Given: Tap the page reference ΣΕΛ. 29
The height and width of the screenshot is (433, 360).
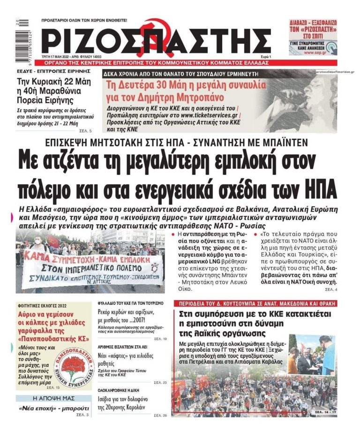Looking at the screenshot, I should click(x=161, y=415).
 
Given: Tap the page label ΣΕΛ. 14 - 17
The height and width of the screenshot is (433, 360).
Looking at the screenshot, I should click(x=322, y=413).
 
